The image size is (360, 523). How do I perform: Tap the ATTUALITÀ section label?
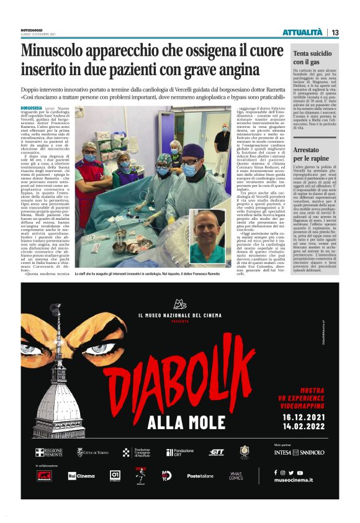click(x=302, y=32)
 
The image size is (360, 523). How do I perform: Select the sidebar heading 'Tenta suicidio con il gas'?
click(x=314, y=58)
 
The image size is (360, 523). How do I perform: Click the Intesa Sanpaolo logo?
click(x=299, y=453)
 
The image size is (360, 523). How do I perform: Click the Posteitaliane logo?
click(x=200, y=476)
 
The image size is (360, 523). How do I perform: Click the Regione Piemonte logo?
click(x=48, y=452)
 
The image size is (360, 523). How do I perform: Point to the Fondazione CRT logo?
click(x=179, y=453)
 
